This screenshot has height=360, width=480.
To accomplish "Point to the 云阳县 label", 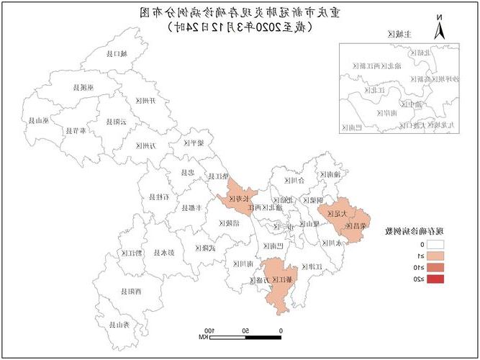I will [x=116, y=122].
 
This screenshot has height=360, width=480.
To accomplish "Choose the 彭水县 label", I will [x=167, y=252].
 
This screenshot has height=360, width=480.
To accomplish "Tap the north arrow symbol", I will [x=438, y=30].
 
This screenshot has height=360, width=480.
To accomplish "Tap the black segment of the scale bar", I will [x=263, y=336].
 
